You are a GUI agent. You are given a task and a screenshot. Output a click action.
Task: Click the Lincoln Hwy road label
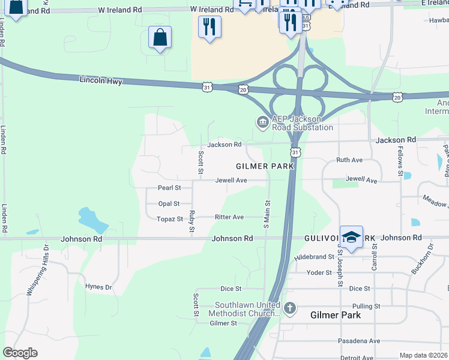101,80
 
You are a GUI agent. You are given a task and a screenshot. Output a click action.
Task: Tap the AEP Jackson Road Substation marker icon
262,122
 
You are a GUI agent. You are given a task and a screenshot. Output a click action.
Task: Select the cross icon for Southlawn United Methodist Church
290,309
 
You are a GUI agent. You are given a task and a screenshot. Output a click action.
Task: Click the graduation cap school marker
351,236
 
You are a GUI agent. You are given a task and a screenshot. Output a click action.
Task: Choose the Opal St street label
169,204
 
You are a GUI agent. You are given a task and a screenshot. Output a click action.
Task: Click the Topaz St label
170,220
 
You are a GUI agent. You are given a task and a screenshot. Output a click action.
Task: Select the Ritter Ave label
230,217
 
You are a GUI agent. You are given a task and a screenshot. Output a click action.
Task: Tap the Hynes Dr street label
99,287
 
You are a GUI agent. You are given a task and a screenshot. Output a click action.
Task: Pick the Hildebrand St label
314,257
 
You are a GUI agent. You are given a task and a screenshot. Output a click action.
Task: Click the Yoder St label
320,273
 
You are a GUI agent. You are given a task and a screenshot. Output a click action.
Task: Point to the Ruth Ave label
349,160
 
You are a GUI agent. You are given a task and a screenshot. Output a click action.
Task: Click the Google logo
20,353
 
